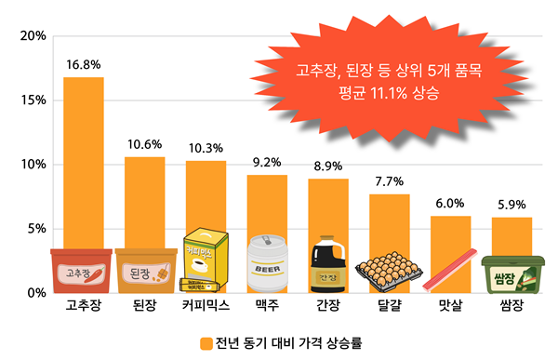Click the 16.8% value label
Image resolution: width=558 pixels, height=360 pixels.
point(84,65)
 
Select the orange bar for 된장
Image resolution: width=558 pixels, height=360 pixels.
point(145,203)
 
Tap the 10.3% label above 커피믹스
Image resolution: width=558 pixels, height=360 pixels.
point(206,148)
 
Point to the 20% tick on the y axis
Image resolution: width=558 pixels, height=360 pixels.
point(33,35)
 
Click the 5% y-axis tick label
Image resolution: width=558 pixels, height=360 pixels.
point(37,229)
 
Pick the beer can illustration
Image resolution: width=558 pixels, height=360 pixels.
point(267,263)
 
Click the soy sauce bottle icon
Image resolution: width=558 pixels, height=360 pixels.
point(328,264)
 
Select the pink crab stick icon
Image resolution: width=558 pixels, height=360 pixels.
point(450,271)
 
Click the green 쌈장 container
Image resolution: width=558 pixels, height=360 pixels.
point(512,274)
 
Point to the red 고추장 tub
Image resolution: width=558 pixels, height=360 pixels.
point(82,271)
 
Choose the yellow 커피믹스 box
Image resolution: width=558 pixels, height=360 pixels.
point(206,260)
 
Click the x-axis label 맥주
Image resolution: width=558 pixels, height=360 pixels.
point(267,305)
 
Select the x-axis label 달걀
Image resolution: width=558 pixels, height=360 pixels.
point(390,305)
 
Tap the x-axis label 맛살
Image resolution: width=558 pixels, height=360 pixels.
point(450,305)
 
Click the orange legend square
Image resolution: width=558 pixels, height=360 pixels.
point(206,343)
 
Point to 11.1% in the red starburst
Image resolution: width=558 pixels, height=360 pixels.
point(389,93)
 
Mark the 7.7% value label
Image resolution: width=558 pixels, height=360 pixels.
point(390,181)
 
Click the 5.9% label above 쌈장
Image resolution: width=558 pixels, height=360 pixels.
point(511,205)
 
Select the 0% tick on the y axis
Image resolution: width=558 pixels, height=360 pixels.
point(37,293)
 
